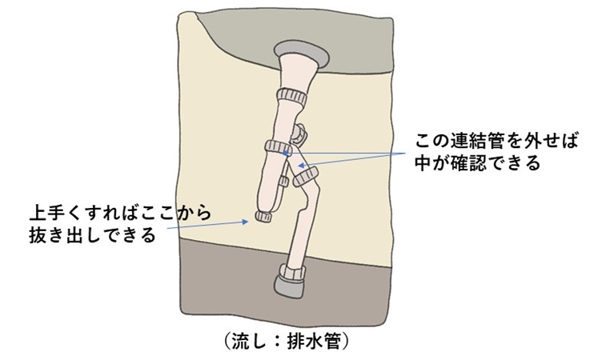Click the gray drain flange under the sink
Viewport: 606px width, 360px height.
(302, 54)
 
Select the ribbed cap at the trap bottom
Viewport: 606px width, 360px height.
(263, 216)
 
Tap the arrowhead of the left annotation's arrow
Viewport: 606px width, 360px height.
(246, 222)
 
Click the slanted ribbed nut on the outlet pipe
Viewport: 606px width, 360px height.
(306, 177)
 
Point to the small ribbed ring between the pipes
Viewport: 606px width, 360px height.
(283, 181)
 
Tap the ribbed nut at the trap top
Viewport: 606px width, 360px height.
(279, 146)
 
